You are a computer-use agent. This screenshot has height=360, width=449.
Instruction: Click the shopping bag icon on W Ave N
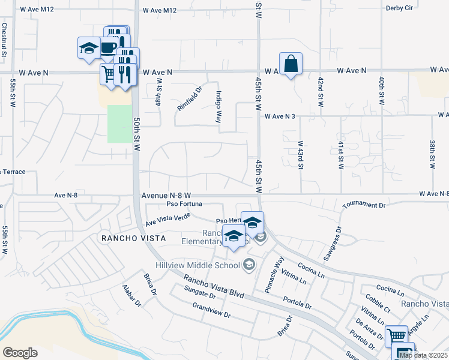coord(291,64)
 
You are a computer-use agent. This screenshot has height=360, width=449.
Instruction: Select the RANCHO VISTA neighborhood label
coord(133,238)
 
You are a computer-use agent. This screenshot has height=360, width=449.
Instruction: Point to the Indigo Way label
coord(219,107)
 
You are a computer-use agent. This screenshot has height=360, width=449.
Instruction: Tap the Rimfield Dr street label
coord(188,99)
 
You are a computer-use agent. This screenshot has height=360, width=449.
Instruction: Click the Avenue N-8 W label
coord(166,196)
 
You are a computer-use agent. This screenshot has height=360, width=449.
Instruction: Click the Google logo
coord(20,353)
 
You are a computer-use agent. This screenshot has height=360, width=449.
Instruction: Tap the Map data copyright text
coord(424,355)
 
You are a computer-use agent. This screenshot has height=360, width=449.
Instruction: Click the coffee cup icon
coord(108,47)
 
